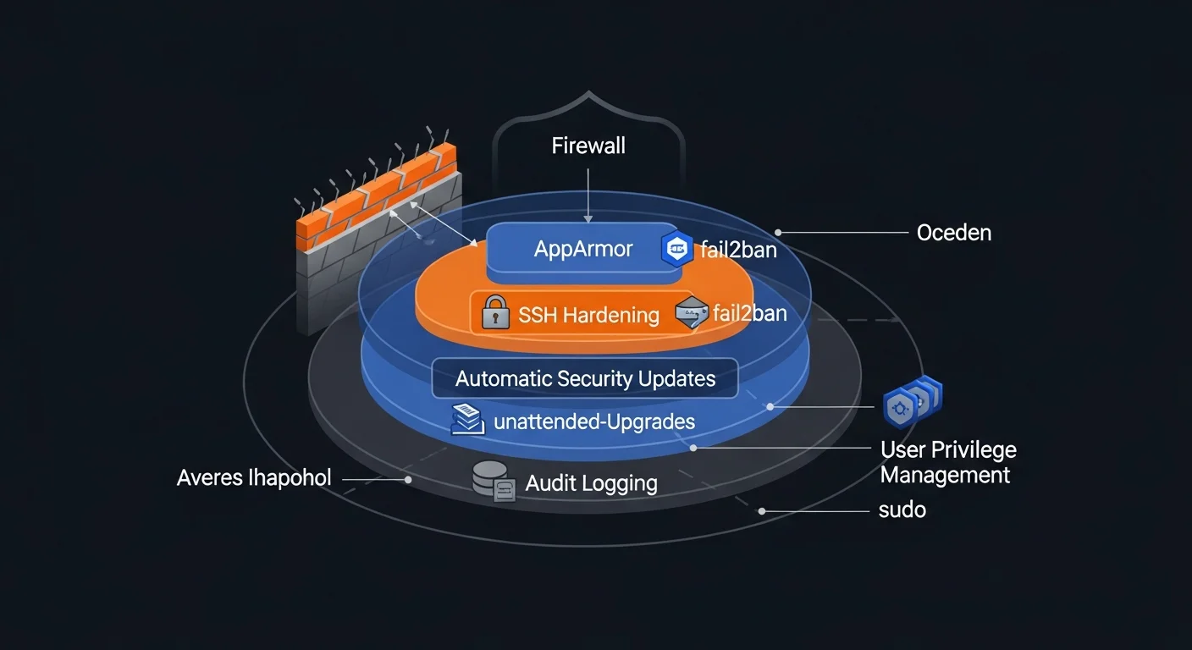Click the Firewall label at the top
point(588,146)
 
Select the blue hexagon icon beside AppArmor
point(677,249)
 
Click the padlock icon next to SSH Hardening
point(494,313)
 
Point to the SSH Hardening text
point(588,315)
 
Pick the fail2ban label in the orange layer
point(749,313)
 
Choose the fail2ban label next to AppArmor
point(738,250)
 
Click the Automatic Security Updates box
point(585,378)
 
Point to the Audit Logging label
point(591,483)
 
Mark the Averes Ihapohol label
point(254,478)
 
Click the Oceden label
point(953,232)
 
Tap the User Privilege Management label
point(947,462)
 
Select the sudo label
point(902,510)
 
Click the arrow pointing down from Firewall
point(588,195)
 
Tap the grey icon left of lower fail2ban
point(691,313)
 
